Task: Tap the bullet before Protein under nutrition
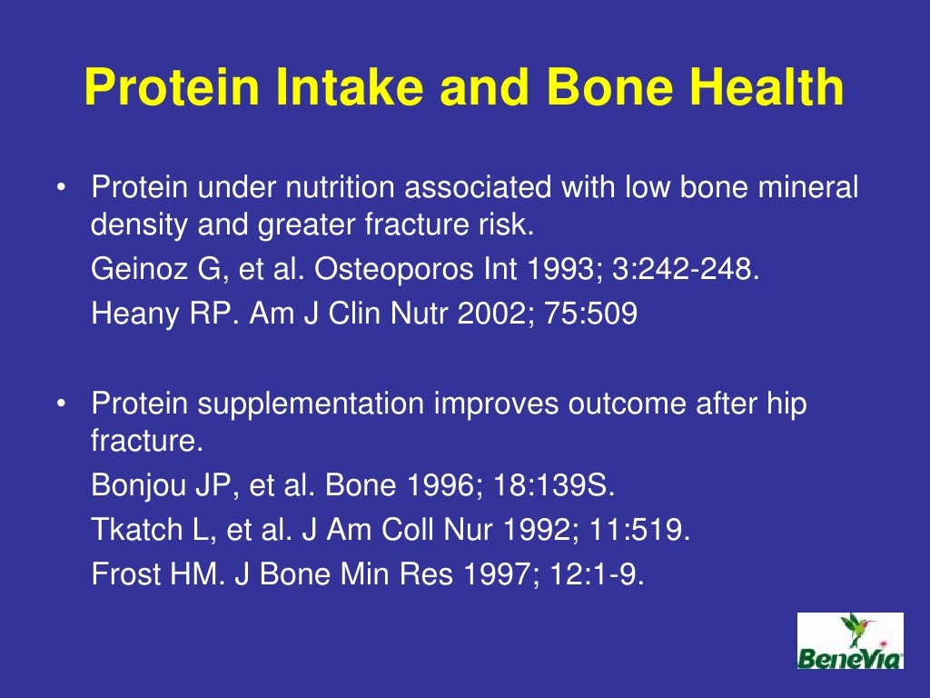[60, 189]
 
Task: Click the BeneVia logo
[849, 641]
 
